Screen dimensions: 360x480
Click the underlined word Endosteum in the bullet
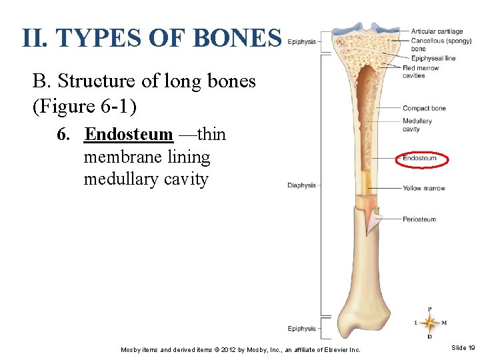[129, 135]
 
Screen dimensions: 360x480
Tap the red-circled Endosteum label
[421, 159]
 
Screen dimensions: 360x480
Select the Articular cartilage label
[437, 31]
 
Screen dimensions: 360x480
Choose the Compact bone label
[424, 108]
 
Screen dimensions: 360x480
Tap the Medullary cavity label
[417, 125]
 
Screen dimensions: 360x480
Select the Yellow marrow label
[423, 188]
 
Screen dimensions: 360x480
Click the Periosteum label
[419, 219]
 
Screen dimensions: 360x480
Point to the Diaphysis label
[301, 185]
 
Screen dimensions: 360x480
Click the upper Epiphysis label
[301, 41]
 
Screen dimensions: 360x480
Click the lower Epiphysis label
[301, 329]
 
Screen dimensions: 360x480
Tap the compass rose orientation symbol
[429, 323]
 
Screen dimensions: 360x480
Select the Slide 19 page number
[463, 348]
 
